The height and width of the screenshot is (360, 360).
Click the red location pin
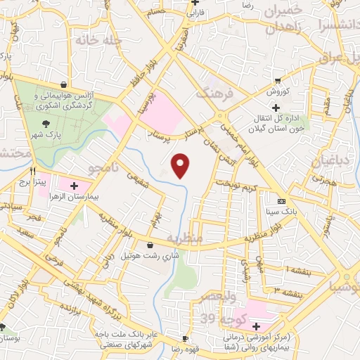point(181,165)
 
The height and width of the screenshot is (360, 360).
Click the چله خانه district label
point(101,41)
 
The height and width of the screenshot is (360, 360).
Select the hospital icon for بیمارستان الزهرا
point(73,185)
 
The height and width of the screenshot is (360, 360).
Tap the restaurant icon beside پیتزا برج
point(32,171)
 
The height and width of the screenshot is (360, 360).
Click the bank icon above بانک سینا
point(281,200)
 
